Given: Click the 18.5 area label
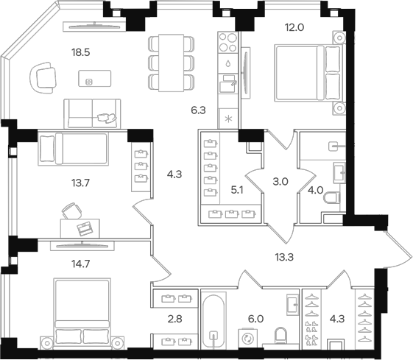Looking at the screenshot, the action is [x=80, y=53].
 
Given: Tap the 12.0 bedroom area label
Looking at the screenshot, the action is [x=294, y=27].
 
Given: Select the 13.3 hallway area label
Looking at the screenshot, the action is [x=284, y=257].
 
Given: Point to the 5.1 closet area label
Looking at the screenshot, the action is [x=237, y=190].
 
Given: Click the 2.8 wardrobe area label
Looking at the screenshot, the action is [x=175, y=320].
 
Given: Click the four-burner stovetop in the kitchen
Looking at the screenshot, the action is [x=227, y=43].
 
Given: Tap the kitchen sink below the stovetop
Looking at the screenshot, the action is [x=228, y=83].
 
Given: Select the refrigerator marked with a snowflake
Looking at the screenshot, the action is [x=228, y=119].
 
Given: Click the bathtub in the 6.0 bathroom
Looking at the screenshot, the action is [x=213, y=320].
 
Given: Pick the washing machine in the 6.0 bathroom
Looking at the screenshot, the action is [x=247, y=338].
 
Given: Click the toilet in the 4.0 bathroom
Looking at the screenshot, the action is [x=333, y=198].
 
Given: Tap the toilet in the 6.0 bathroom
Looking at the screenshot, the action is [x=280, y=336].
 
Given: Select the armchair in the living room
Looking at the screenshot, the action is [x=43, y=78].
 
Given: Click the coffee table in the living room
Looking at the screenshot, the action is [x=94, y=78].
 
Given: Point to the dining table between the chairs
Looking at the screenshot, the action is [x=171, y=63].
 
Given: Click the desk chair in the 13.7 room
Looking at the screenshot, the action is [x=71, y=211].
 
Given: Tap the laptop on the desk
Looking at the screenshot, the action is [x=85, y=229].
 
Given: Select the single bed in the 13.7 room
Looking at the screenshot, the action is [x=73, y=149].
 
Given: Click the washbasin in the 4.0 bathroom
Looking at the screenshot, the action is [x=339, y=173].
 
